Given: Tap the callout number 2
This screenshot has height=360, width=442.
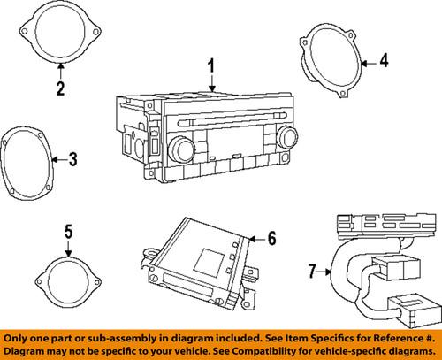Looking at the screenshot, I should click(59, 88).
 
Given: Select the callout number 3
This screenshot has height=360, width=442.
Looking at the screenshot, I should click(72, 160).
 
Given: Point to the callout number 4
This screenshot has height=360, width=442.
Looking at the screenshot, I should click(383, 61).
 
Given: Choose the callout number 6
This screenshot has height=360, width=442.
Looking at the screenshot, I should click(271, 237).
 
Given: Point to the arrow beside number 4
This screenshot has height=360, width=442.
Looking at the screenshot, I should click(369, 61).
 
